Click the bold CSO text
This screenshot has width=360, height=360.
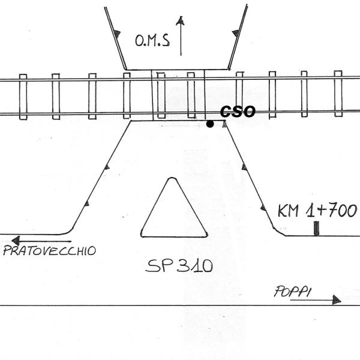coord(238,112)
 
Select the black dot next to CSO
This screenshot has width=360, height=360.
coord(209,124)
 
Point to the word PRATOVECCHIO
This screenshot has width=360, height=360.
coord(49,251)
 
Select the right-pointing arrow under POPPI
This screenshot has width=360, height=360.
coord(316,299)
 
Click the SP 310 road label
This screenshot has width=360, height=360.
coord(179,266)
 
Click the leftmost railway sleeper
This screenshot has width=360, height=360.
coord(23,96)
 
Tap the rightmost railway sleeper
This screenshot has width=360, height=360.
coord(338,95)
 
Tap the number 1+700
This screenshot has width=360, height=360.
coord(331,210)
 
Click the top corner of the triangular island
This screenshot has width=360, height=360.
coord(173,179)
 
